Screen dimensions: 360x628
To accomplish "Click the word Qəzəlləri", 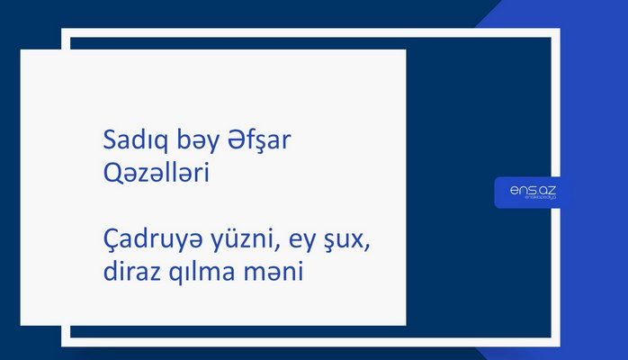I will click(x=157, y=174).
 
